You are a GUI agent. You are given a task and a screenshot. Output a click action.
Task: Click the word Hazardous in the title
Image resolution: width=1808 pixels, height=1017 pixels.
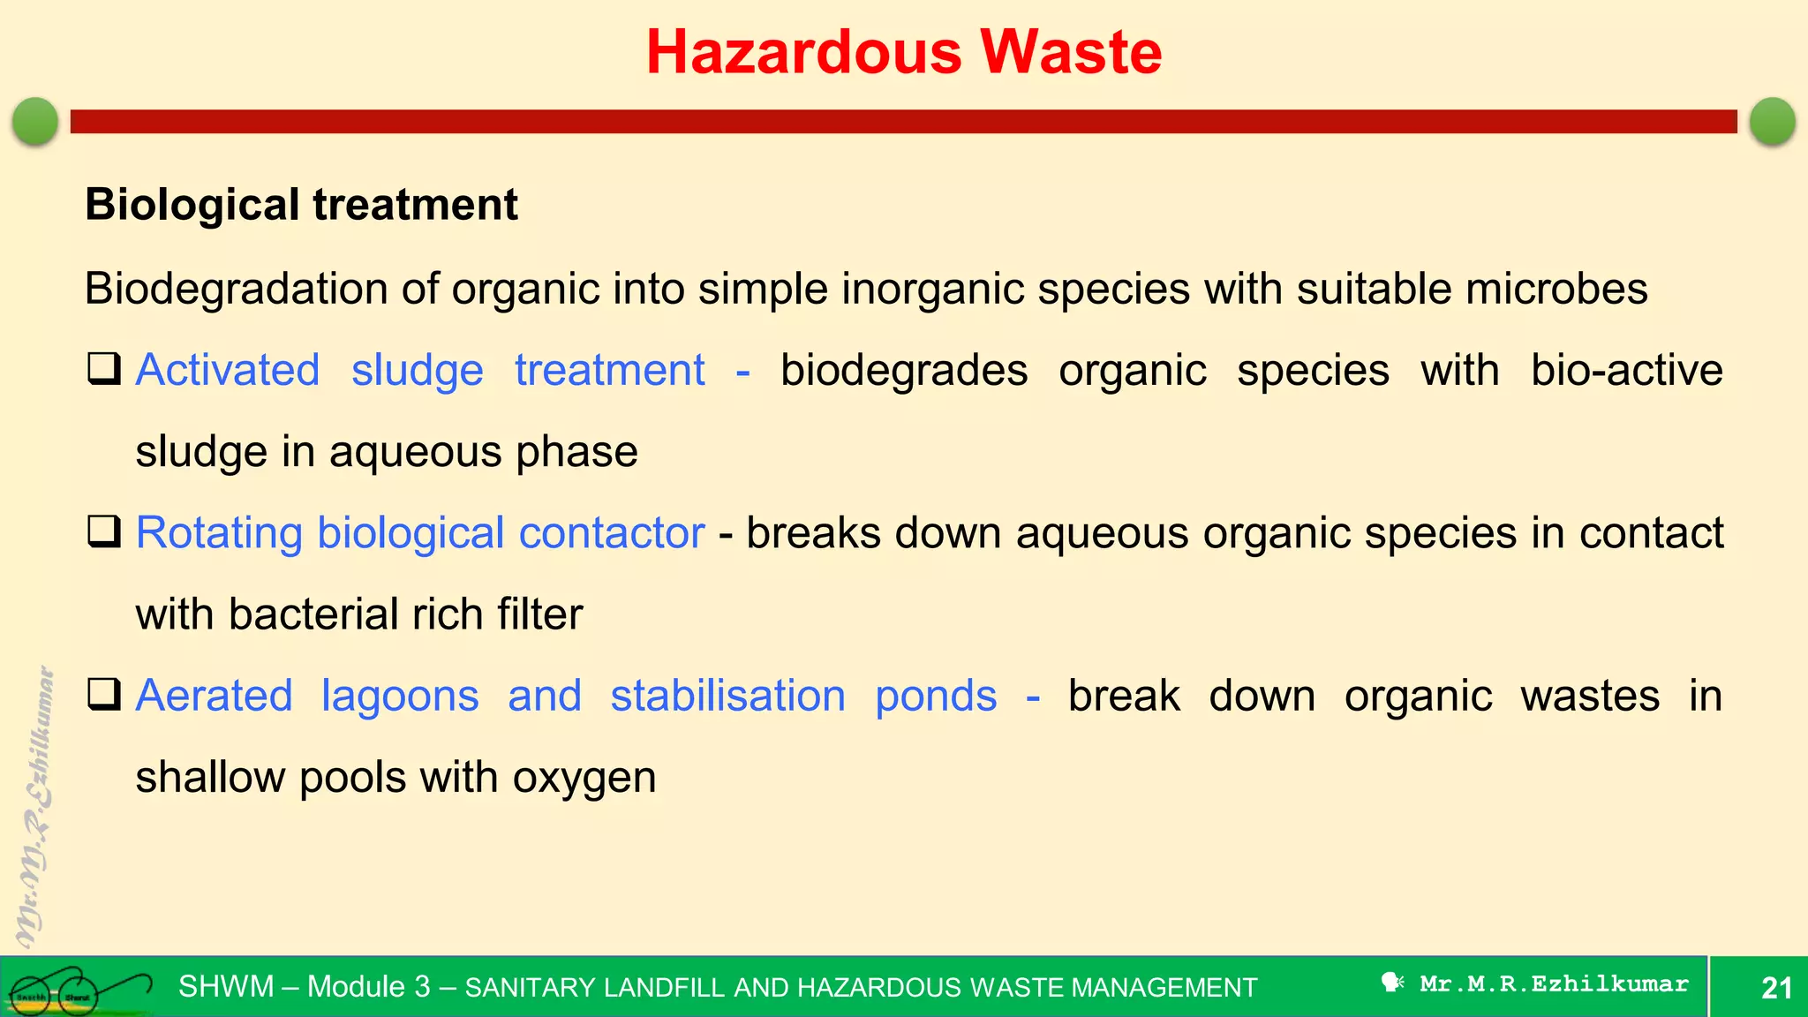(x=803, y=52)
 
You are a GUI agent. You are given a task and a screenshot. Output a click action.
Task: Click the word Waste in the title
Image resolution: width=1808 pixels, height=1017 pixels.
(x=1071, y=52)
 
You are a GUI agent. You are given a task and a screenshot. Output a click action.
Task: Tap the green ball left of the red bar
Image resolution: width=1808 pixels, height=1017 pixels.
(x=35, y=121)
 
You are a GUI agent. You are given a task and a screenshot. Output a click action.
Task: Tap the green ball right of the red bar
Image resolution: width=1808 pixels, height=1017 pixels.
(x=1772, y=121)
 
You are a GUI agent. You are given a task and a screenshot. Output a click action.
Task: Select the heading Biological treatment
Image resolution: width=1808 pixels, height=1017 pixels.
(x=301, y=205)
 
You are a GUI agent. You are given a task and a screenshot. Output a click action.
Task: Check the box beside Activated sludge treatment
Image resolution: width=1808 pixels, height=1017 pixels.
(x=104, y=369)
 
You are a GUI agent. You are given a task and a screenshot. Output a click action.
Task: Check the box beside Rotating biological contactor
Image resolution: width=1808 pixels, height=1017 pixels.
(x=104, y=532)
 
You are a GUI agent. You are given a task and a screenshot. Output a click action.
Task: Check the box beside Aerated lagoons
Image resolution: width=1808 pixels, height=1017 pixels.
(x=104, y=695)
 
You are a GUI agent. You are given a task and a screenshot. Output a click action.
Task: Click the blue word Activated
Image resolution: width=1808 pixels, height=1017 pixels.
(x=227, y=370)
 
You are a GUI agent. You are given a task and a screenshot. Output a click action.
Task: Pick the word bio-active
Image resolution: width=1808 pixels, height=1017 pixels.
(x=1626, y=370)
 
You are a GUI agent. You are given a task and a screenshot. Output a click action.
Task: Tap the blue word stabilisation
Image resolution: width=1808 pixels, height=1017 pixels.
(x=727, y=696)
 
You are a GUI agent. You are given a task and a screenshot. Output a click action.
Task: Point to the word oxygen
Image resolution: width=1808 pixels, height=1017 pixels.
(x=584, y=779)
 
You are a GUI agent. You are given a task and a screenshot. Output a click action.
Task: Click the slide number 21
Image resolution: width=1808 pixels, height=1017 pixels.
(x=1776, y=987)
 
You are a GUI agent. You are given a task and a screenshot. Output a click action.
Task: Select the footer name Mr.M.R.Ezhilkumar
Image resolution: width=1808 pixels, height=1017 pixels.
(x=1554, y=983)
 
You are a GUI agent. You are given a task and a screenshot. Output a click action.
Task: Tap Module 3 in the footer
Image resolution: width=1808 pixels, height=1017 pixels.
(x=368, y=986)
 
